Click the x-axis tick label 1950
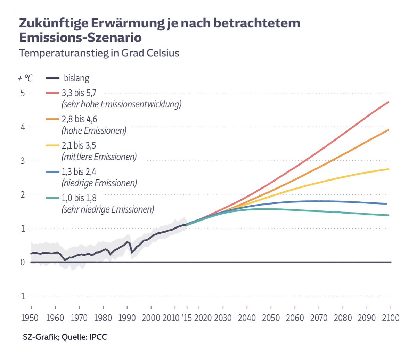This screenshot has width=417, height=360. click(x=30, y=318)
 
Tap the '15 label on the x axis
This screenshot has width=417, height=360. click(x=186, y=318)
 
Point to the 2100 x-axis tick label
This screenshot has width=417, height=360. click(x=391, y=318)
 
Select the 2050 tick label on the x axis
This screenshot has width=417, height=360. click(x=271, y=318)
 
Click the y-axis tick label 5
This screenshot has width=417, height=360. click(x=23, y=93)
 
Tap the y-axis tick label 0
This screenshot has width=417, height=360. click(x=23, y=262)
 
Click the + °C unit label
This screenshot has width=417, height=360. click(x=25, y=78)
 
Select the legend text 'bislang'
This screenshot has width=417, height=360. click(x=76, y=78)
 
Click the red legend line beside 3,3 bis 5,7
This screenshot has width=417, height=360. click(x=52, y=93)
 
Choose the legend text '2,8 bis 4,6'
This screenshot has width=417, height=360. click(x=80, y=119)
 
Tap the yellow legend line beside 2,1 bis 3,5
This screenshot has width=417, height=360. click(x=52, y=145)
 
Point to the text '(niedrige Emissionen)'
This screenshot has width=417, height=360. click(x=99, y=183)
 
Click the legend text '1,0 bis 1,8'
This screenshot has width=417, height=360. click(x=79, y=198)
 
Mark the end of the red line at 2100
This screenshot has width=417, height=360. click(x=389, y=102)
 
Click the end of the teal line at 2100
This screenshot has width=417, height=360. click(x=389, y=215)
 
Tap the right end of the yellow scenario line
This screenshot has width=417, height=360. click(x=389, y=169)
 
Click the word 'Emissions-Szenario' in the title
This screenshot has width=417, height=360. click(x=80, y=37)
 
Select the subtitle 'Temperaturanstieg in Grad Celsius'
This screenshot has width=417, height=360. click(x=99, y=53)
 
